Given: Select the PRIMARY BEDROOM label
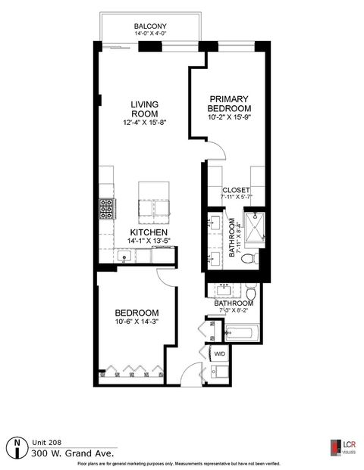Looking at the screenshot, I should tap(229, 103).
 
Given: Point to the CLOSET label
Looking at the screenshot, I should tap(235, 190).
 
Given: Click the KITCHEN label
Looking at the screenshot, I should tap(149, 232).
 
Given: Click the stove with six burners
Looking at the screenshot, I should tap(106, 207).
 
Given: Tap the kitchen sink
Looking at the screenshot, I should tap(130, 257).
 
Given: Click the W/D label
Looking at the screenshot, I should tap(220, 353).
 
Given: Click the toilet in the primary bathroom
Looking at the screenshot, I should tap(246, 259).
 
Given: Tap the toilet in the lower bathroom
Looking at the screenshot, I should tap(253, 292).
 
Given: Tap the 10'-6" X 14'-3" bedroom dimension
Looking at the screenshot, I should tap(136, 323).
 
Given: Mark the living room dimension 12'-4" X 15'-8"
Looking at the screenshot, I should tap(143, 123).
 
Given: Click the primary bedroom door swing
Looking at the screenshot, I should tap(218, 154).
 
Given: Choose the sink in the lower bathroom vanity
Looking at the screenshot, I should tap(225, 290).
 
